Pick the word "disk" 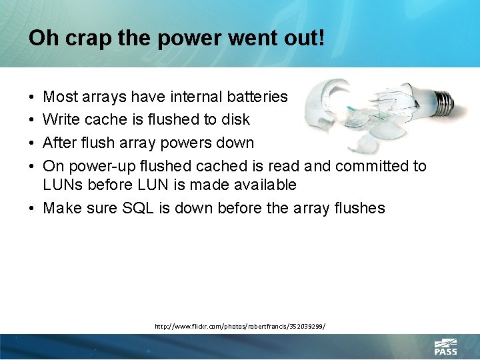pos(235,120)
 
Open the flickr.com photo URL pos(239,327)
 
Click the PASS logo pos(445,346)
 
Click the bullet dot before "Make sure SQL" pos(32,208)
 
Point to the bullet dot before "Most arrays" pos(32,97)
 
